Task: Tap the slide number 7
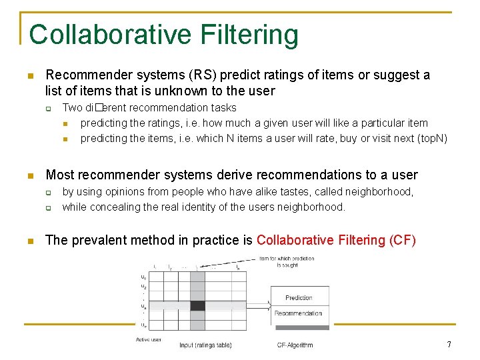(449, 345)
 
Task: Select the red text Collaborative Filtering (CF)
(336, 240)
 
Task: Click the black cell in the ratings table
(197, 306)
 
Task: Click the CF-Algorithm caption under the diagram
(295, 345)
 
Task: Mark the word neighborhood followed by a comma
(384, 191)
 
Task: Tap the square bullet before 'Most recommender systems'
(31, 175)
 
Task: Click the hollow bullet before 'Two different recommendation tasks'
(49, 107)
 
